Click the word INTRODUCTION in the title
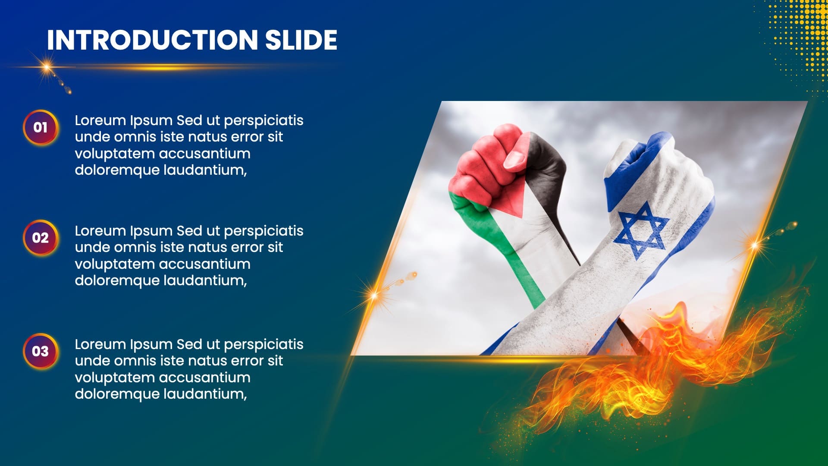(x=152, y=40)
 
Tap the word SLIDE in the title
(x=301, y=40)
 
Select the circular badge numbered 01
(x=41, y=127)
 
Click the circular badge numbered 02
(x=41, y=238)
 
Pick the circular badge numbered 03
(x=41, y=351)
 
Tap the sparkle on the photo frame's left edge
(x=374, y=296)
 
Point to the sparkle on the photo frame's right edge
(x=755, y=245)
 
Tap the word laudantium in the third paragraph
(x=205, y=394)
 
